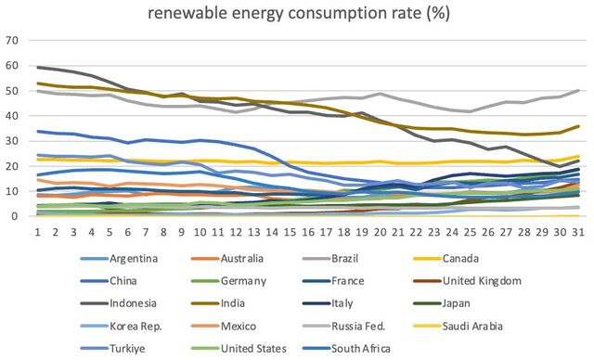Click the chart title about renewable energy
pos(299,13)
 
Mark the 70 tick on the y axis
pos(12,40)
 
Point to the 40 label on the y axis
pos(12,115)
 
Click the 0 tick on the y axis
pos(15,216)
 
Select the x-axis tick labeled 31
pos(577,232)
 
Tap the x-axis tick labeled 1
pos(37,232)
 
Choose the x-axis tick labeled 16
pos(307,232)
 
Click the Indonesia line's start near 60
pos(37,68)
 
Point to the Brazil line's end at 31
pos(578,91)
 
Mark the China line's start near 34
pos(37,132)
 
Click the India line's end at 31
pos(578,126)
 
